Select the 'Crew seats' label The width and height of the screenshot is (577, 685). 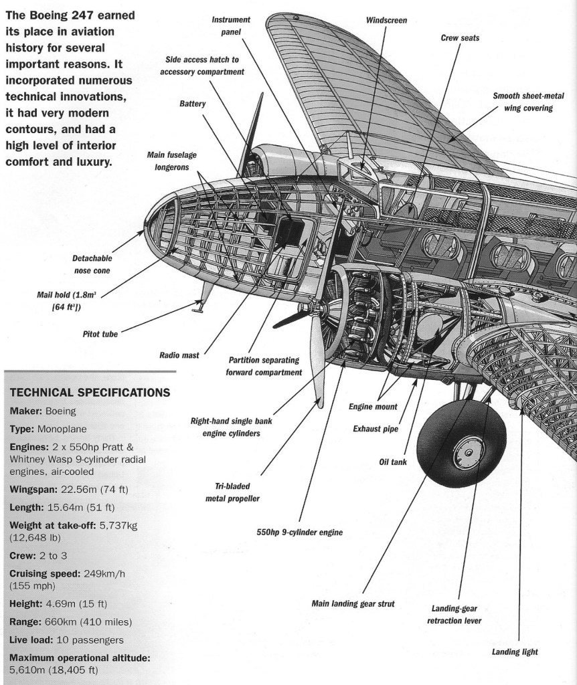coord(460,38)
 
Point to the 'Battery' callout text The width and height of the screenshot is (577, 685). coord(192,104)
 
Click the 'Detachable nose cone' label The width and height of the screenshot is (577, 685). coord(92,264)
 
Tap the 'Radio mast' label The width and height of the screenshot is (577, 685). coord(179,355)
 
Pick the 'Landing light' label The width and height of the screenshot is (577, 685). coord(515,652)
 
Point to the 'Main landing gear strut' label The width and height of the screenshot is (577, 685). coord(353,603)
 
